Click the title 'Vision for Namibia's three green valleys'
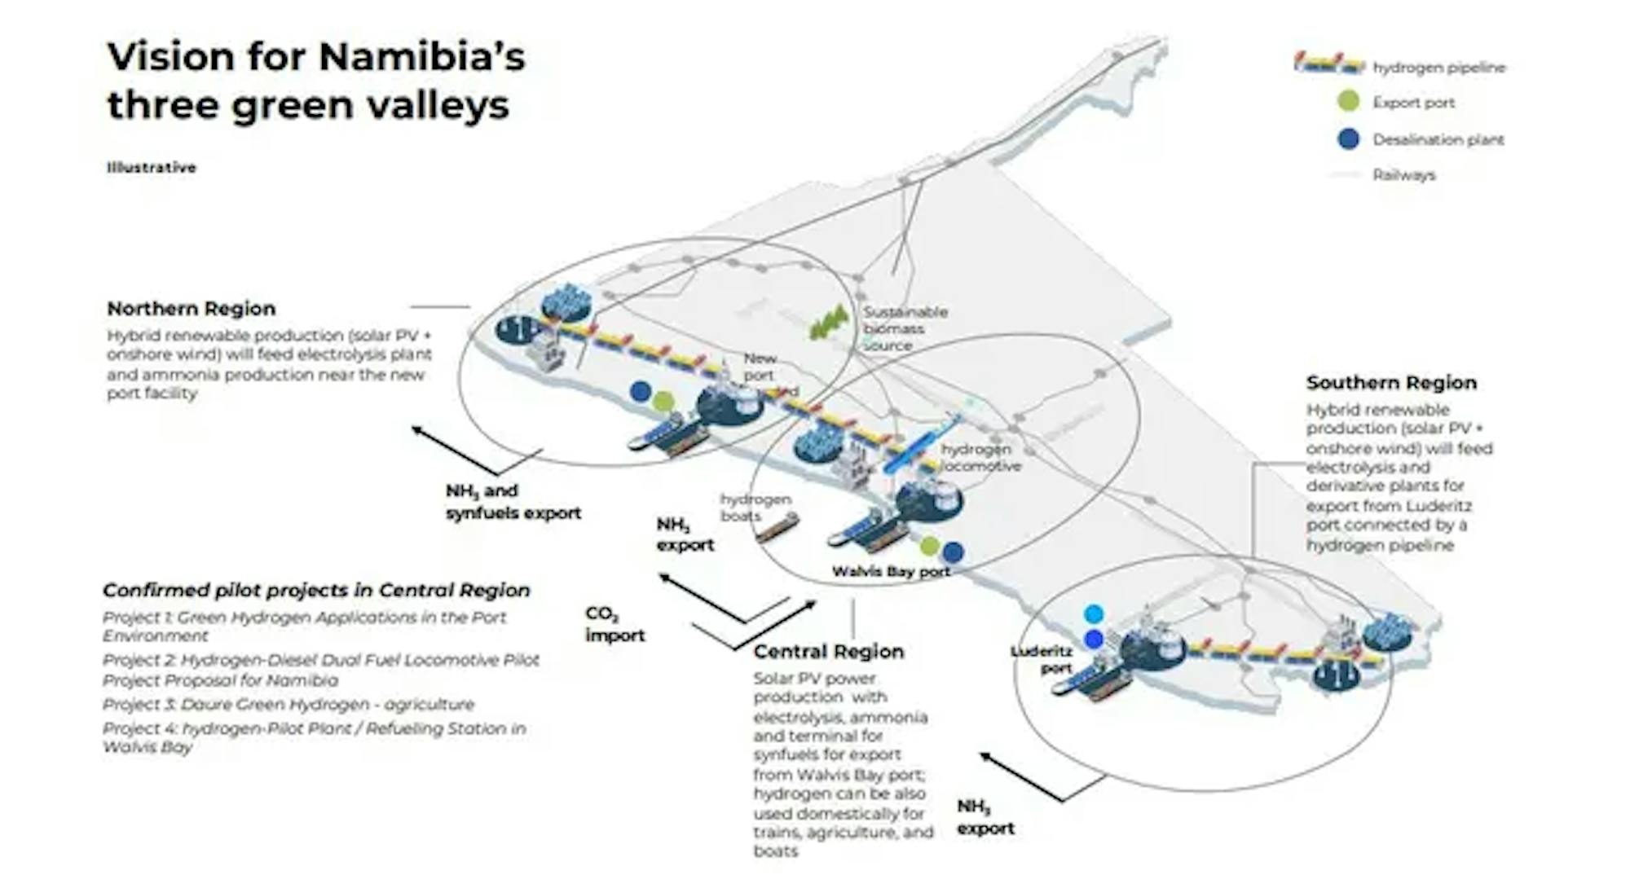[x=316, y=81]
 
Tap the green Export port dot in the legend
[x=1349, y=102]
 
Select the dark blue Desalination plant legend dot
[x=1349, y=139]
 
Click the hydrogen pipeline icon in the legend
[x=1328, y=64]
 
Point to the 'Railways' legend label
[x=1403, y=174]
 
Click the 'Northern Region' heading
[x=192, y=309]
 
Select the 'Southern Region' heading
[x=1391, y=383]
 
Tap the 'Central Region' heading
[x=828, y=652]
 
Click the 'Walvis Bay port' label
[x=891, y=572]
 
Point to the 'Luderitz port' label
[x=1042, y=660]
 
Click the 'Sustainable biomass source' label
[x=905, y=328]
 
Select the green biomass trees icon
[x=830, y=323]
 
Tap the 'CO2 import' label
[x=615, y=625]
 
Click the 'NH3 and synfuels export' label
[x=513, y=502]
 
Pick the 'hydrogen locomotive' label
[x=980, y=458]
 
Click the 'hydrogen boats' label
[x=755, y=507]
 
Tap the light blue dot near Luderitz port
[x=1094, y=613]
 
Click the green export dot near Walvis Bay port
[x=929, y=545]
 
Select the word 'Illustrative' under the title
[x=152, y=168]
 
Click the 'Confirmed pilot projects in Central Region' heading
[x=316, y=590]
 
